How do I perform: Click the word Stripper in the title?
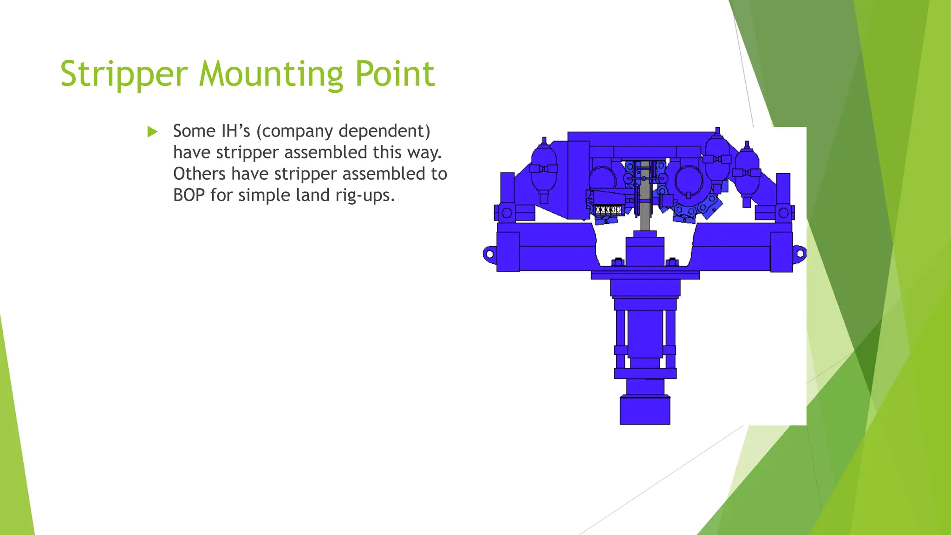point(124,74)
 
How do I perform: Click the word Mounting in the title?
point(271,74)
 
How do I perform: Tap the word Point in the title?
point(395,74)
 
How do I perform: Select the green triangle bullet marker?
point(152,132)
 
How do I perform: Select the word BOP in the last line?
point(189,195)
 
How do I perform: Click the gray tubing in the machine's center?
point(645,204)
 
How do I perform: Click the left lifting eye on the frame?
point(489,254)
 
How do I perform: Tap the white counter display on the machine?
point(608,210)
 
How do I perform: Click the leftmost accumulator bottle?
point(544,170)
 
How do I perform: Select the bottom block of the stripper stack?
point(645,410)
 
